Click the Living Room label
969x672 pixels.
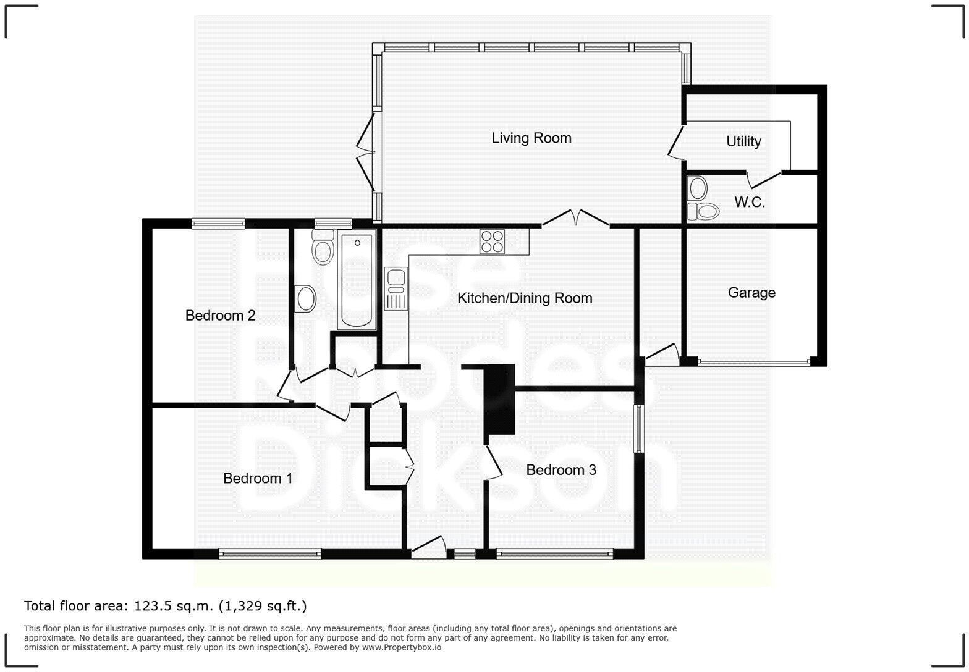[x=531, y=138]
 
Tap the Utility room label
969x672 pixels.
[x=743, y=141]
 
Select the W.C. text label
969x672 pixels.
[x=749, y=202]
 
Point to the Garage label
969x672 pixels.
[x=751, y=293]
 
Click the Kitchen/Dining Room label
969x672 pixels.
[x=524, y=298]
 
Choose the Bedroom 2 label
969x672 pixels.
[x=220, y=316]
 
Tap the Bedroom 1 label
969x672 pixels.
[x=257, y=478]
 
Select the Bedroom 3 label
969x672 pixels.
[x=561, y=470]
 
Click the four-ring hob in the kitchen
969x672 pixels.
[x=492, y=241]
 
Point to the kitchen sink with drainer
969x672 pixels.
[x=396, y=288]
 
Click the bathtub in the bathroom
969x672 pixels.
[x=357, y=279]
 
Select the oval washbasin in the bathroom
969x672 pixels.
[x=305, y=299]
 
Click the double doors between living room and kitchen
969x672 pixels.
[x=575, y=218]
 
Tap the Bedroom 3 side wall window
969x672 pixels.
[x=639, y=429]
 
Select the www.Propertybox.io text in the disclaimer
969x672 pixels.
[x=401, y=648]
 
